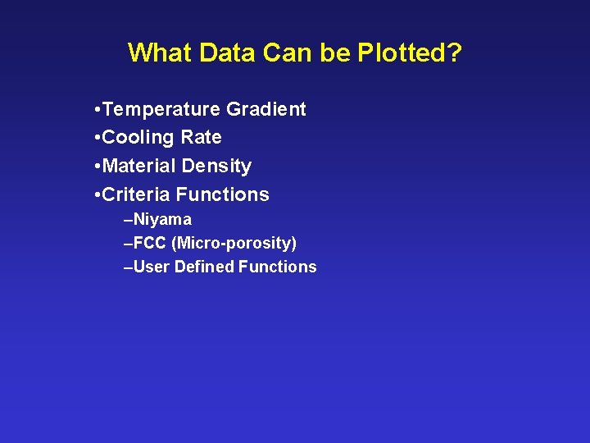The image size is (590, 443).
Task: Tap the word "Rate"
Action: (203, 137)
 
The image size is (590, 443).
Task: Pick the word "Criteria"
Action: (137, 194)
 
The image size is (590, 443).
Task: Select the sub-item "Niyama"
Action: (162, 220)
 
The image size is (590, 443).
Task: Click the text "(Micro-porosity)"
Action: (234, 244)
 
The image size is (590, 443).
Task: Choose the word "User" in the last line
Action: (151, 267)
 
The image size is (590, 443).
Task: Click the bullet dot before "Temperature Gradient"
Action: (98, 110)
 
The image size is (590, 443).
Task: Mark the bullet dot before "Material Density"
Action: (98, 167)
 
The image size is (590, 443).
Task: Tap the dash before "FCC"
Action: (127, 244)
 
